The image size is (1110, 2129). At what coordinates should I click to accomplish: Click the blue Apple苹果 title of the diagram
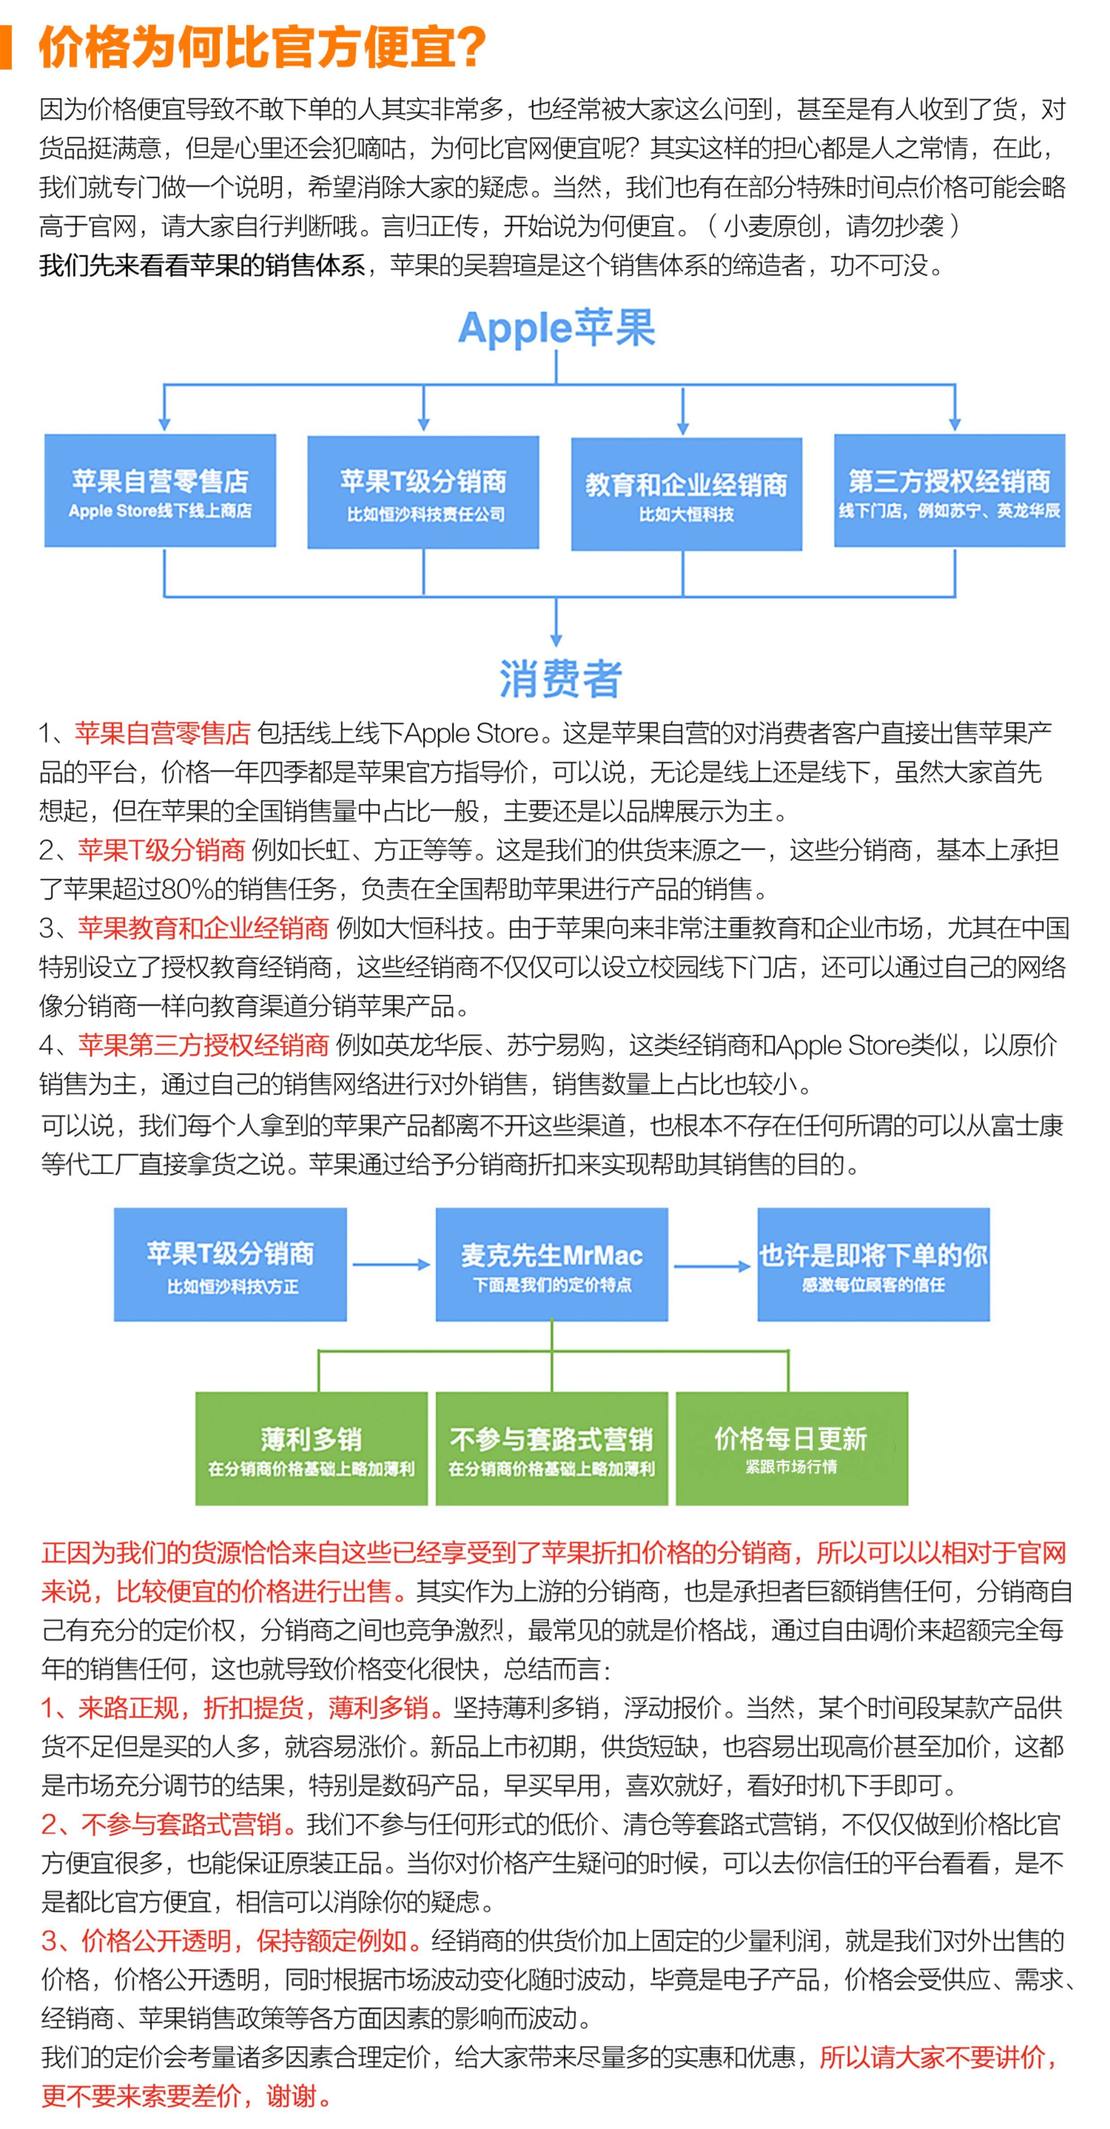(x=556, y=328)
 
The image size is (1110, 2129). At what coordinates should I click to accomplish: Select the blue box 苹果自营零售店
(x=160, y=491)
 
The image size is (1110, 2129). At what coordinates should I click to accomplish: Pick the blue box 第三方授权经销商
(x=949, y=491)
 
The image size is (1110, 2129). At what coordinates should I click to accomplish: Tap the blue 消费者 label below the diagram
(x=559, y=679)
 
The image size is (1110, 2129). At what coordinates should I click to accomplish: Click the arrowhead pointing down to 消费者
(x=556, y=639)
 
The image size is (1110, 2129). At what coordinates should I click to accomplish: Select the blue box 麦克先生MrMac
(x=551, y=1265)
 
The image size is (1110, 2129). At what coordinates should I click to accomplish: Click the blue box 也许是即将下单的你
(x=873, y=1265)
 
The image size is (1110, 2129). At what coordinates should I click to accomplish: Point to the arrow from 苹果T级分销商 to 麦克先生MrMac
(x=391, y=1265)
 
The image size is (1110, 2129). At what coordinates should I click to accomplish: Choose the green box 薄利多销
(x=312, y=1449)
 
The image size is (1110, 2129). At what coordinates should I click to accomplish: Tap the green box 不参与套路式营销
(x=551, y=1449)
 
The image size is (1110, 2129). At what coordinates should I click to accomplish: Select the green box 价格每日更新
(x=791, y=1449)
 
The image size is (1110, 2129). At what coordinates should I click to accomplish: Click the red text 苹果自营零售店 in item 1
(x=162, y=733)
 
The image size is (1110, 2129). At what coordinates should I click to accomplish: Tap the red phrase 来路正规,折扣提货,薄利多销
(x=234, y=1707)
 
